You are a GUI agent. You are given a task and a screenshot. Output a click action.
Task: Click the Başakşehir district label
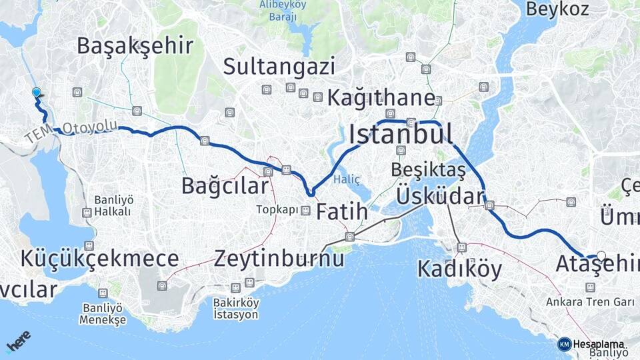point(135,46)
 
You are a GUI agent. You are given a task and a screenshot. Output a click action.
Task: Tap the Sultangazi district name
point(279,66)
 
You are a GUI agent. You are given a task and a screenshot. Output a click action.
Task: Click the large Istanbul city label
point(401,134)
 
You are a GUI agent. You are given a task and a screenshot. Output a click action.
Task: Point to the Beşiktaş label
point(428,170)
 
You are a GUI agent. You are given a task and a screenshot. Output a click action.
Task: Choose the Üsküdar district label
point(440,197)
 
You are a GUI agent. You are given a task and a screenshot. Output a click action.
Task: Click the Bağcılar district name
point(225,186)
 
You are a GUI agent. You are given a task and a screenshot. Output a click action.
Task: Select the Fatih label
point(341,212)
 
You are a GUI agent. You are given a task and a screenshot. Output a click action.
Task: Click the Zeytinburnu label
point(279,258)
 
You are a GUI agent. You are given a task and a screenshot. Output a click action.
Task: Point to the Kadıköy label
point(459,268)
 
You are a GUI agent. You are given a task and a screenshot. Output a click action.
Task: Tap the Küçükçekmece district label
point(99,258)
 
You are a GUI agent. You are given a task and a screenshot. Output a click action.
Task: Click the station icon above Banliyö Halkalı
point(86,213)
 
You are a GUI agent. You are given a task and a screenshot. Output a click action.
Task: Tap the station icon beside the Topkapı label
point(305,211)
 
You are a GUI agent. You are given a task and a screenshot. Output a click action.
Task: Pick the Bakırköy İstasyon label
point(236,309)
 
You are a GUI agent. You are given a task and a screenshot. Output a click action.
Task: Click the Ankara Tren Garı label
point(590,302)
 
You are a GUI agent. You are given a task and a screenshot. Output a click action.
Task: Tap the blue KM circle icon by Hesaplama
point(564,344)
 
